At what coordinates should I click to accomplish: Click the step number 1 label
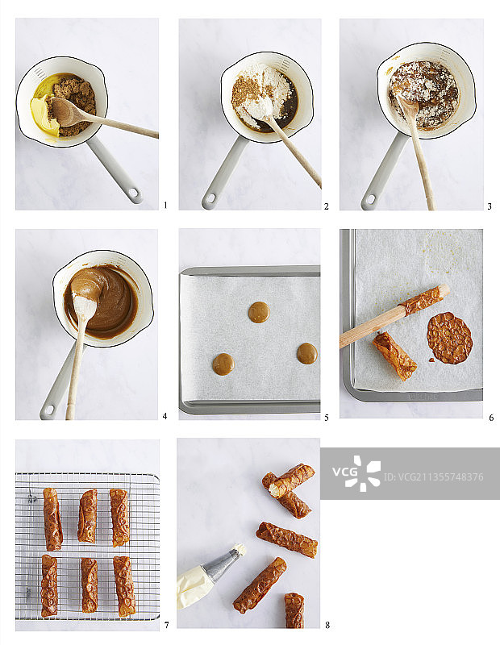tap(165, 206)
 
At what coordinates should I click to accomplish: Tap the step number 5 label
tap(327, 418)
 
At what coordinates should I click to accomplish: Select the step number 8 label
tap(327, 626)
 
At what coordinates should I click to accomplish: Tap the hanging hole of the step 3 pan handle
tap(370, 200)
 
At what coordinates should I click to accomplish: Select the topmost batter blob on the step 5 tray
tap(259, 312)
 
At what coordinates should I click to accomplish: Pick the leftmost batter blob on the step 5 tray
tap(223, 364)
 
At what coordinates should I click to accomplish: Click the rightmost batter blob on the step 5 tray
tap(307, 353)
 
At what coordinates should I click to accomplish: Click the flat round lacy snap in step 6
tap(449, 338)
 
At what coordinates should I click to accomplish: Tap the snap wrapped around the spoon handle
tap(424, 300)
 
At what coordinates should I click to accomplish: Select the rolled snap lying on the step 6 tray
tap(394, 356)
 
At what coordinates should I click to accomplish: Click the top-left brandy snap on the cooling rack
tap(52, 518)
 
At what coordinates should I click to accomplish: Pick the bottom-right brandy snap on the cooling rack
tap(124, 586)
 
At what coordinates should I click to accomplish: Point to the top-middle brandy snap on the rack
tap(88, 515)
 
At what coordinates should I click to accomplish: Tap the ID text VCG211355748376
tap(434, 477)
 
